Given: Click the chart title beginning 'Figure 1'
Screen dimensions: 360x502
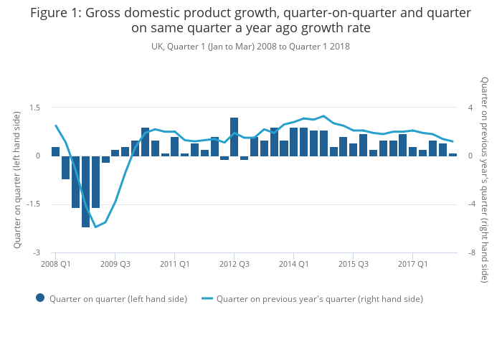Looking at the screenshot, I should click(x=250, y=21).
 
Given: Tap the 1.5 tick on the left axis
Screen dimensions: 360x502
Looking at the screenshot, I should click(x=34, y=108).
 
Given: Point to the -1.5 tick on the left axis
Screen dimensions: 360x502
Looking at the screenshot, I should click(x=32, y=204).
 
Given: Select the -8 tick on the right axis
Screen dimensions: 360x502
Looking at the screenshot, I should click(x=471, y=253).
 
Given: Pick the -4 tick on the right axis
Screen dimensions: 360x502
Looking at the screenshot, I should click(x=471, y=204).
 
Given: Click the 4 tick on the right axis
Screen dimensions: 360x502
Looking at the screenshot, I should click(x=470, y=108).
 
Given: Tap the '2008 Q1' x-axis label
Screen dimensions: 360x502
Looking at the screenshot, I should click(x=55, y=264).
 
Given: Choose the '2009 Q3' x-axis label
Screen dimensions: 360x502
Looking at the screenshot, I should click(x=115, y=264).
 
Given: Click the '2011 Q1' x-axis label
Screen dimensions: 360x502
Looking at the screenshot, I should click(x=174, y=264).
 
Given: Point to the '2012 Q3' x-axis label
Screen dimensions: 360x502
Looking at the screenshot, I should click(x=234, y=264).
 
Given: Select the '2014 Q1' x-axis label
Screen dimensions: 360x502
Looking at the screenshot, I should click(x=293, y=264).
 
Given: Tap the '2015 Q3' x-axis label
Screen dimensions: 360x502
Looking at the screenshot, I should click(x=353, y=264).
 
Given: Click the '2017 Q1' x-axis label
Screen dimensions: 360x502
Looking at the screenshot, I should click(x=412, y=264).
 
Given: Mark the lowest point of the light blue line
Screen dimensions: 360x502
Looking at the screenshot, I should click(x=95, y=227).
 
